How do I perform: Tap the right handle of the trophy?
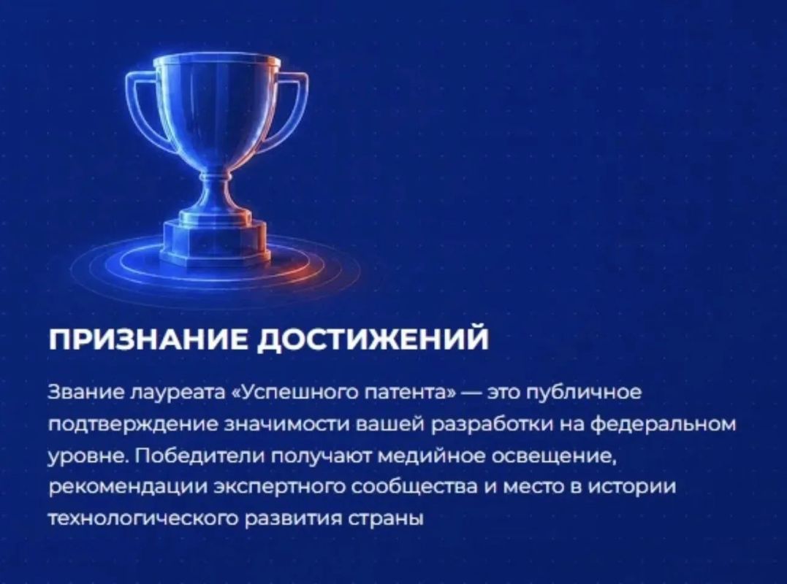[x=290, y=110]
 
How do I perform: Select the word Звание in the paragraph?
[x=85, y=391]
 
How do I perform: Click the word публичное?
[x=583, y=393]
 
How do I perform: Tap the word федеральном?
[x=663, y=425]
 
